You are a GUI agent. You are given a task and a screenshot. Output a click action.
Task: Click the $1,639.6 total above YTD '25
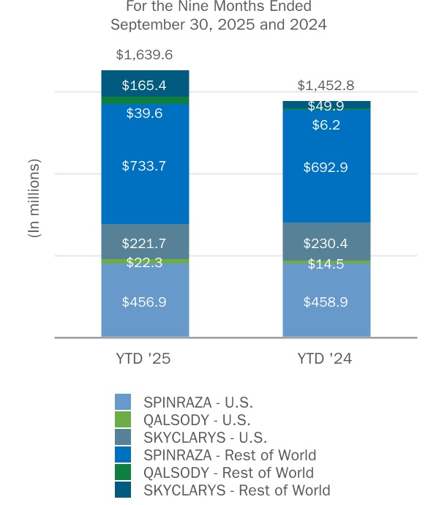point(145,55)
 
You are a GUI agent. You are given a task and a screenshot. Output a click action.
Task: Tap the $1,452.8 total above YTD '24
point(326,85)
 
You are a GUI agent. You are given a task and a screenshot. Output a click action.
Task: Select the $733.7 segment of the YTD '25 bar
point(145,166)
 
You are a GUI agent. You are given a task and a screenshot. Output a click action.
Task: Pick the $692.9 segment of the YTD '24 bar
point(326,168)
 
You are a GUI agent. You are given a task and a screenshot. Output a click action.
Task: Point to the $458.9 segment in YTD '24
point(326,302)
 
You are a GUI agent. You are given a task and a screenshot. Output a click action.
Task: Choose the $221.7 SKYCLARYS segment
point(145,243)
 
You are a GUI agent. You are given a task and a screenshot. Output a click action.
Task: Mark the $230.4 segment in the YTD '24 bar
point(326,243)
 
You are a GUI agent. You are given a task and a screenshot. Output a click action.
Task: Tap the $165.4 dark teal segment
point(145,84)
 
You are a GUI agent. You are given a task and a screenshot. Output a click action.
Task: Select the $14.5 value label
point(326,264)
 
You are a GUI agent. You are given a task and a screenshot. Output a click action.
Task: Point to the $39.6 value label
point(145,113)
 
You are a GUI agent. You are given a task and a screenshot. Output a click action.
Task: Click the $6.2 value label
point(326,125)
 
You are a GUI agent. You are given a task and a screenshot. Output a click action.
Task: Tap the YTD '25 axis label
point(145,359)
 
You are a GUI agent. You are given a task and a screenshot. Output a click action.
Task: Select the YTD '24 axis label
point(326,359)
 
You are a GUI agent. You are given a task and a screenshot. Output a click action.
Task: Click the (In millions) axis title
point(34,198)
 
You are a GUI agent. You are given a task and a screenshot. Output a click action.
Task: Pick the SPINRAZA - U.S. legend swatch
point(123,402)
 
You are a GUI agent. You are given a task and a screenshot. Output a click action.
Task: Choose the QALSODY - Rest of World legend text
point(228,473)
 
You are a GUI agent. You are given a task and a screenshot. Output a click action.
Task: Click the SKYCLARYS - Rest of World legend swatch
point(123,490)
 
